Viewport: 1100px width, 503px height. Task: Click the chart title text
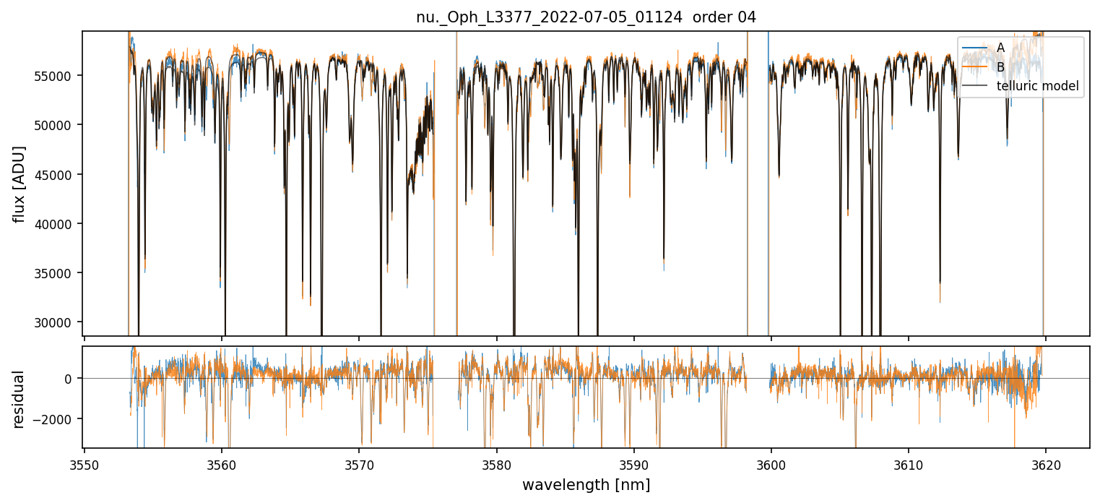pos(586,17)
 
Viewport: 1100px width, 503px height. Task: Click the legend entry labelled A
pos(1000,48)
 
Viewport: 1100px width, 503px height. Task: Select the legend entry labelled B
pos(1000,67)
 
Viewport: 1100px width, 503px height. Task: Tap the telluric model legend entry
pos(1037,87)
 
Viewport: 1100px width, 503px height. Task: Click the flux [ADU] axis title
pos(20,184)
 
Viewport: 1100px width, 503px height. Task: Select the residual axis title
pos(20,399)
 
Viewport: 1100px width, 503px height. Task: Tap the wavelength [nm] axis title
pos(586,484)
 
